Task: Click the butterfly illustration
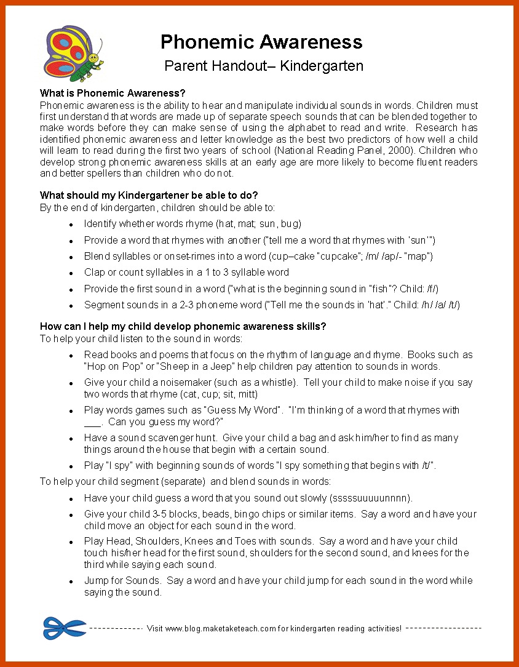point(73,54)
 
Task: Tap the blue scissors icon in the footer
point(65,628)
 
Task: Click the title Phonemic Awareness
point(261,42)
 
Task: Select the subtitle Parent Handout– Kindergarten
point(264,66)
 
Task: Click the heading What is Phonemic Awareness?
point(113,94)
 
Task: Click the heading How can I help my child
point(183,326)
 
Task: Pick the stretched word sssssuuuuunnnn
point(371,498)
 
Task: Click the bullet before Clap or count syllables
point(71,273)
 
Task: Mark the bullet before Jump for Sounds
point(71,581)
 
